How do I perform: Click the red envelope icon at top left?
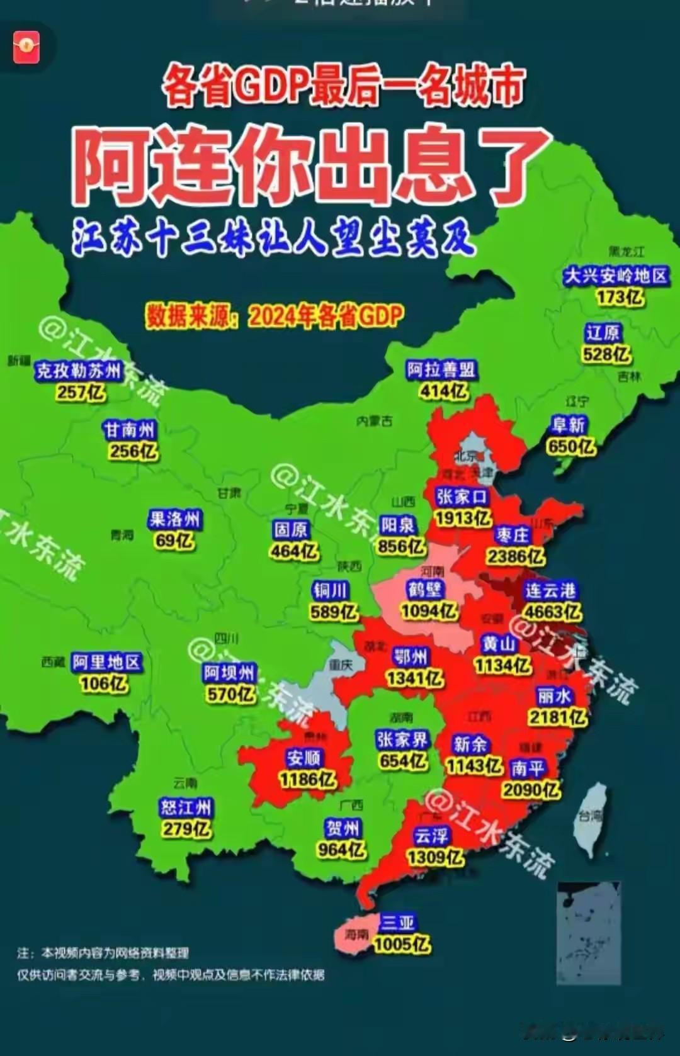[26, 47]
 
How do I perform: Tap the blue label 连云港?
[550, 590]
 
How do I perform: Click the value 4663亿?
[553, 612]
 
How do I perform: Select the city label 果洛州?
[174, 519]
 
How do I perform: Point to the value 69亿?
[174, 541]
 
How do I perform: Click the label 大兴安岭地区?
[615, 276]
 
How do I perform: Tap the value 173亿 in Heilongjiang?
[620, 297]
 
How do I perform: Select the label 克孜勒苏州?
[78, 371]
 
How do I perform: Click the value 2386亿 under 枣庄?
[515, 556]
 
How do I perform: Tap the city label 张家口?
[462, 497]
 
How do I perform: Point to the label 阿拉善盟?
[441, 369]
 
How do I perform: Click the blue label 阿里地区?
[106, 662]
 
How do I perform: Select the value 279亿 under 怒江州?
[186, 829]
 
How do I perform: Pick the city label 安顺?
[303, 758]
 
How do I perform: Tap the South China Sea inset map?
[589, 931]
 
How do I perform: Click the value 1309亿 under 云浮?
[434, 857]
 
